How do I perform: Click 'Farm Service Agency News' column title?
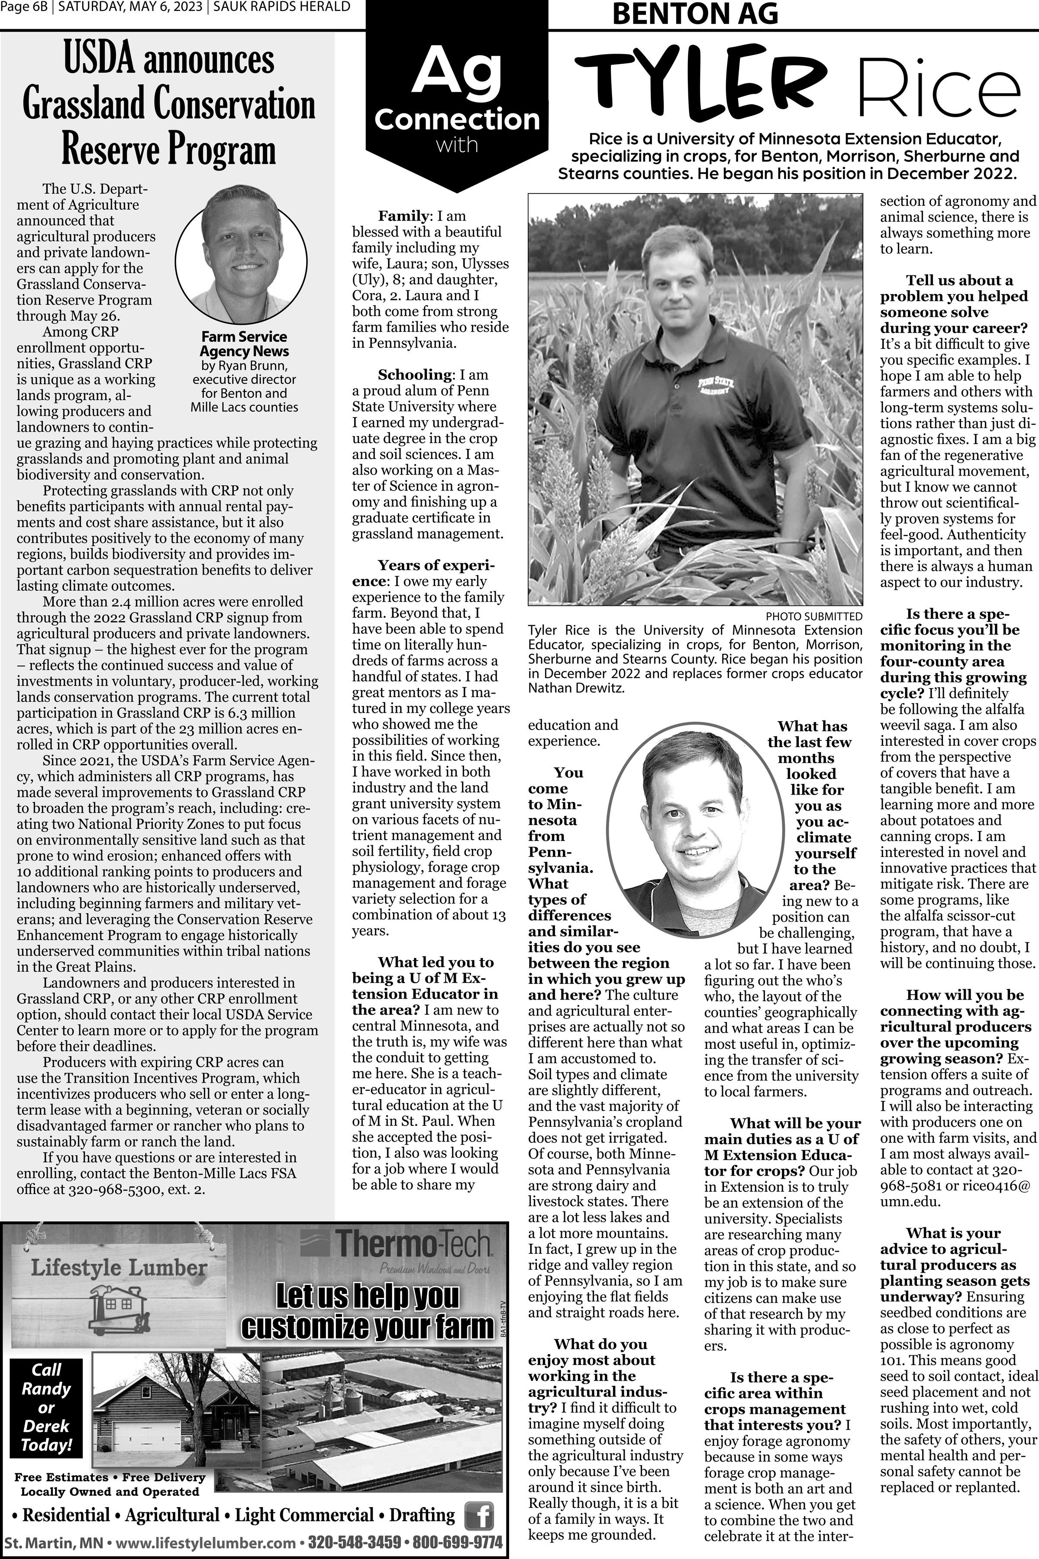point(244,343)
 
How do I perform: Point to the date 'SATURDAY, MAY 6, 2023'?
point(130,7)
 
